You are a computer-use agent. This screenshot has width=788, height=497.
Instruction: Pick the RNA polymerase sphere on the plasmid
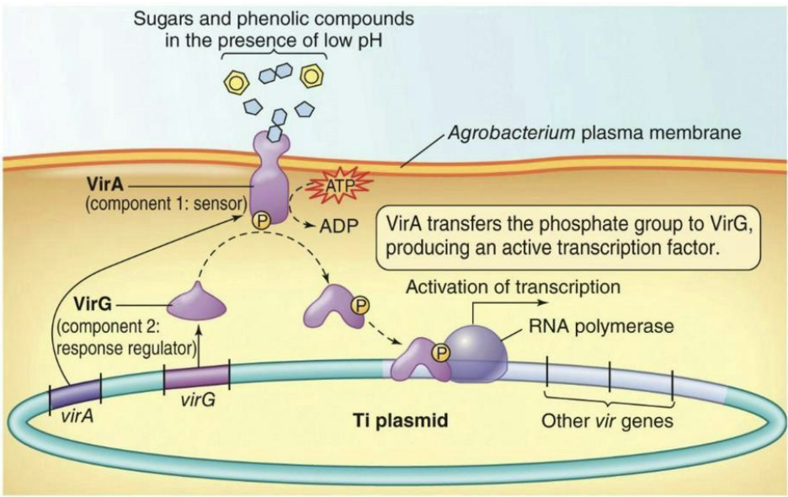(476, 355)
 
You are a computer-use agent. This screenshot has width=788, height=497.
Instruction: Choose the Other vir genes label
(607, 420)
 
